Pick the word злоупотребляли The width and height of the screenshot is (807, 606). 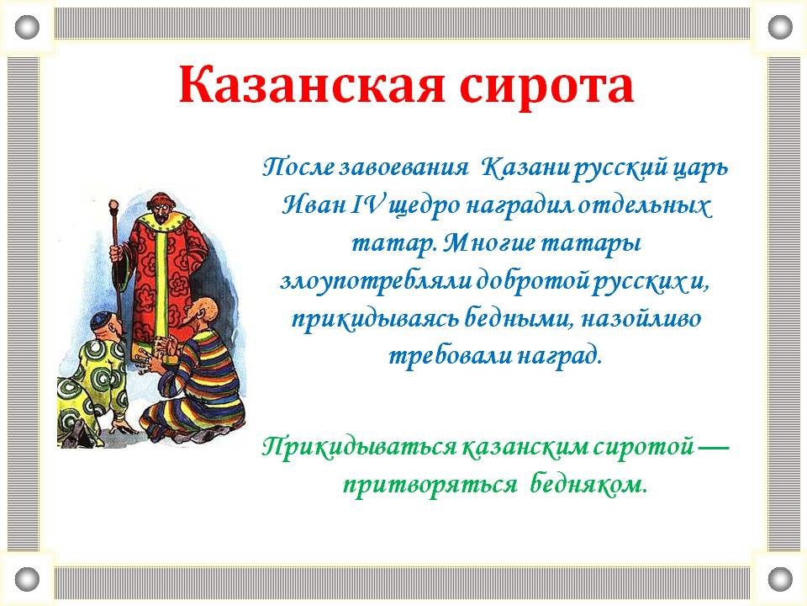point(375,284)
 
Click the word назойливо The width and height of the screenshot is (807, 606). point(641,319)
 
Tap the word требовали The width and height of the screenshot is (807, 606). point(449,355)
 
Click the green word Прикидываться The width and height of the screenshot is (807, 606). point(359,446)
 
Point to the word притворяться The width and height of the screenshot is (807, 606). point(430,486)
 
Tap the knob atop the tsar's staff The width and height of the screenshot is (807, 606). point(113,205)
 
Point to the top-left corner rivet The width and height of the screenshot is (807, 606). point(27,27)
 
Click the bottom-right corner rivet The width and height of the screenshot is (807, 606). point(780,579)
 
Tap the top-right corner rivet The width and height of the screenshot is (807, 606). point(780,27)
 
